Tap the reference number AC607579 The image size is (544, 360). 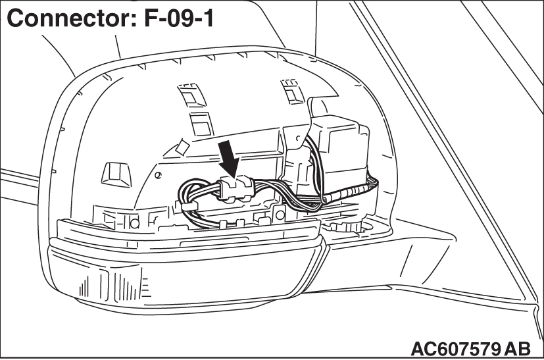[x=454, y=347]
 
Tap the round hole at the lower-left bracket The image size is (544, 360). [x=136, y=222]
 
